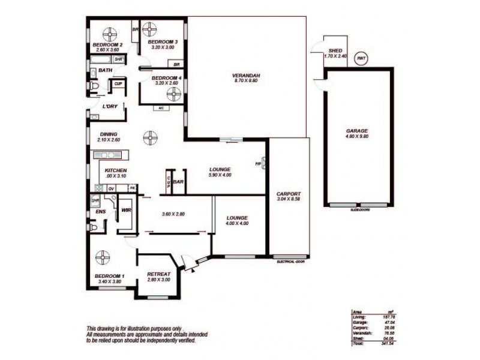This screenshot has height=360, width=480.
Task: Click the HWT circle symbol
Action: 361,58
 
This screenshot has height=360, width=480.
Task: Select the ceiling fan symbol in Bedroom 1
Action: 103,257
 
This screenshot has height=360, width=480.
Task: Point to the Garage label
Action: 356,131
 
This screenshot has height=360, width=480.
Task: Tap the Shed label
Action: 335,50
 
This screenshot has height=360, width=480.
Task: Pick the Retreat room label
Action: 158,275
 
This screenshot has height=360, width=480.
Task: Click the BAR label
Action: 178,181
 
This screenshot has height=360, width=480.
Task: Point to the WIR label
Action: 126,211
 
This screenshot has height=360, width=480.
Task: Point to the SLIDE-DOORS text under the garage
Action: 359,211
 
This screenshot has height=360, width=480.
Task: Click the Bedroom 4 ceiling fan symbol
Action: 173,94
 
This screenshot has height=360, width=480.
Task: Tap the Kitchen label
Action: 115,170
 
